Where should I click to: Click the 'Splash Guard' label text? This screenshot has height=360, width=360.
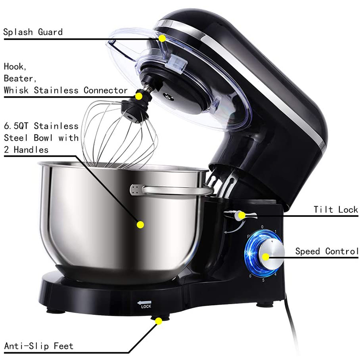[33, 32]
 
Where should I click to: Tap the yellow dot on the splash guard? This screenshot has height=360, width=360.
[162, 38]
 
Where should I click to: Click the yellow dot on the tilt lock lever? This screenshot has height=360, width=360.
[242, 215]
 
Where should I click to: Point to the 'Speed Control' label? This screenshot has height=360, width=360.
[327, 251]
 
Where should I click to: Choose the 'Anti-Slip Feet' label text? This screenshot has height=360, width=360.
[38, 346]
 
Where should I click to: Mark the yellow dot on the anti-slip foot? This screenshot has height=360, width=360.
[158, 320]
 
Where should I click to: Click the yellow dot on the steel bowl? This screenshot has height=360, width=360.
[140, 224]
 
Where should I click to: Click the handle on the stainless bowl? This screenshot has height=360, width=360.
[171, 189]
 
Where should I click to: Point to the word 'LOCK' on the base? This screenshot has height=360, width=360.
[146, 307]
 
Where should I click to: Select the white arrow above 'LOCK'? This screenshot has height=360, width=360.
[145, 302]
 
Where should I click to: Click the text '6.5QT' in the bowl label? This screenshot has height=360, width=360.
[17, 126]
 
